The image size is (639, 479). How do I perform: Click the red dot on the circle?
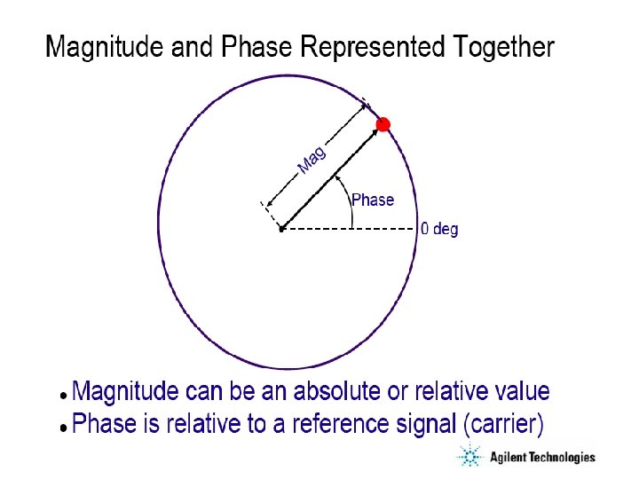[x=383, y=125]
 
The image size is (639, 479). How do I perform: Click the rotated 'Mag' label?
[x=312, y=160]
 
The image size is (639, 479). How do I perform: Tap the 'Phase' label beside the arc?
[x=373, y=200]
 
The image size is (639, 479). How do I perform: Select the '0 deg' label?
[x=439, y=229]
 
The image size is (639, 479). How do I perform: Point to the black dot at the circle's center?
[x=280, y=229]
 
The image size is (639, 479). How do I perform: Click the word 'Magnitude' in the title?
[x=106, y=46]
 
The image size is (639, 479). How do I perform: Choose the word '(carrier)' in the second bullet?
[x=502, y=424]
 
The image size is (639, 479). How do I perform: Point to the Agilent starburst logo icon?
[x=468, y=457]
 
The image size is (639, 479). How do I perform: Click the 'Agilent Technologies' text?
[x=542, y=458]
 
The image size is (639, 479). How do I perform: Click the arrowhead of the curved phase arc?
[x=337, y=176]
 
